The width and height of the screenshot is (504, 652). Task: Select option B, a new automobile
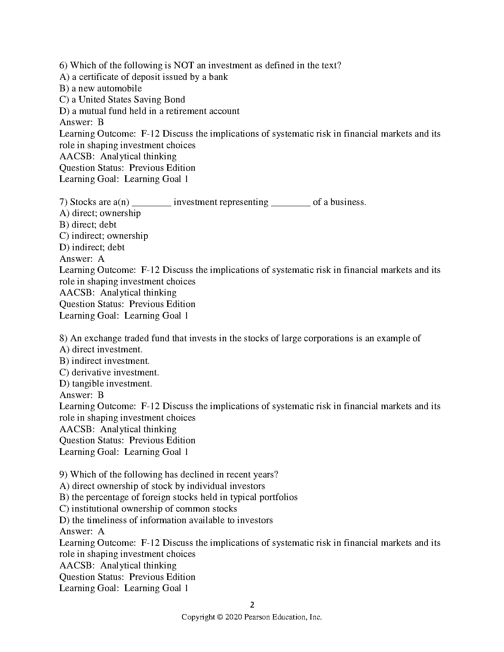click(100, 88)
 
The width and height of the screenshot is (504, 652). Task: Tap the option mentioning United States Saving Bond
click(122, 100)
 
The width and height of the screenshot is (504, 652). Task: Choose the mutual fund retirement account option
click(149, 111)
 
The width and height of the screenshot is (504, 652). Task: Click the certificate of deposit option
click(144, 77)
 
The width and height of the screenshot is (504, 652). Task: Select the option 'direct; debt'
click(88, 225)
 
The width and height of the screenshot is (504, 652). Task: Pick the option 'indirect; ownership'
click(104, 236)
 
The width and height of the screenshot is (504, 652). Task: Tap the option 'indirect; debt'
click(92, 247)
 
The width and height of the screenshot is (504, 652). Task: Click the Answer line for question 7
click(82, 259)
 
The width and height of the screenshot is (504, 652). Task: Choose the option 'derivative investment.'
click(109, 373)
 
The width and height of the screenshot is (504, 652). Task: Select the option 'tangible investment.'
click(106, 384)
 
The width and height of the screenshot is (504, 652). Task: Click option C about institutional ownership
click(148, 509)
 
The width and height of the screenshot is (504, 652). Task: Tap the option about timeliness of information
click(166, 520)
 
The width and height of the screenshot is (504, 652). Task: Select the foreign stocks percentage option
click(179, 497)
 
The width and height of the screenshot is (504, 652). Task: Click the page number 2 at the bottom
click(252, 605)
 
